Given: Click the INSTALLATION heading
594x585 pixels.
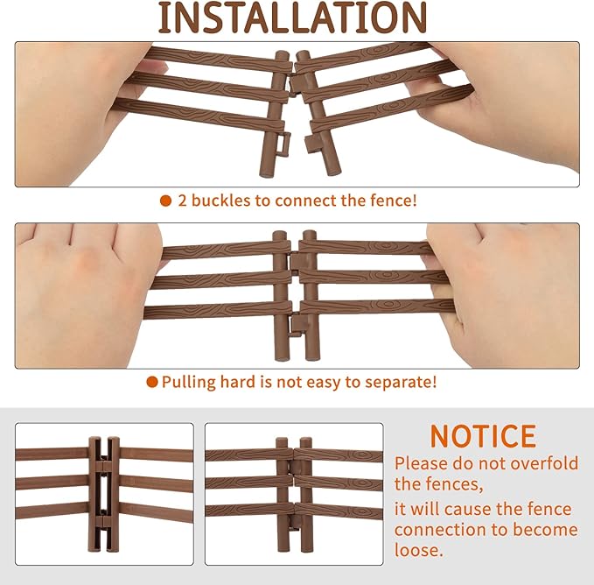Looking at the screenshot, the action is (x=292, y=18).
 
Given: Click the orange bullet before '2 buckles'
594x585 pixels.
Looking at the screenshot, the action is (x=165, y=201).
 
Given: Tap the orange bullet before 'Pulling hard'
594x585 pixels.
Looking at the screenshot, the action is (x=152, y=382).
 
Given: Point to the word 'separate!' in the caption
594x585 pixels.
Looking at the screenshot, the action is (x=401, y=382).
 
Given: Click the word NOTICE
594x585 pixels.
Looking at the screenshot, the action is (x=484, y=436).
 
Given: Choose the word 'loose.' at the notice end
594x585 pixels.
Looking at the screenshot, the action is (x=419, y=550).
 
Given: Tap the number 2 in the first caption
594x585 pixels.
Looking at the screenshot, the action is (x=183, y=201).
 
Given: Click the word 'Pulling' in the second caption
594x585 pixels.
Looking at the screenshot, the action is (x=189, y=382).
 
